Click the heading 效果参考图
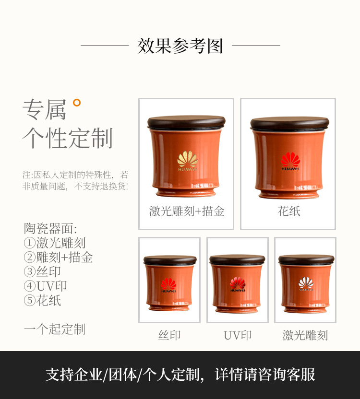(180, 46)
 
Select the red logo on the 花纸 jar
(290, 161)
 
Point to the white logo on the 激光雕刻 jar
(306, 284)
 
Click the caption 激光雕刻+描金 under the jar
(187, 211)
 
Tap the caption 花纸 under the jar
(289, 211)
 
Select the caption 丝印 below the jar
(169, 335)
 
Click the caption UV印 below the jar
(238, 335)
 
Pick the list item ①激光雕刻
(55, 243)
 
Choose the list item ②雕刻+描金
(58, 257)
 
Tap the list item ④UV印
(45, 286)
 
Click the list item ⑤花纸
(42, 301)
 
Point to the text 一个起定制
(55, 329)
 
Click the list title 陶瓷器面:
(50, 228)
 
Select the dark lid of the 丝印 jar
(170, 260)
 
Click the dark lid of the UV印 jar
(237, 259)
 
